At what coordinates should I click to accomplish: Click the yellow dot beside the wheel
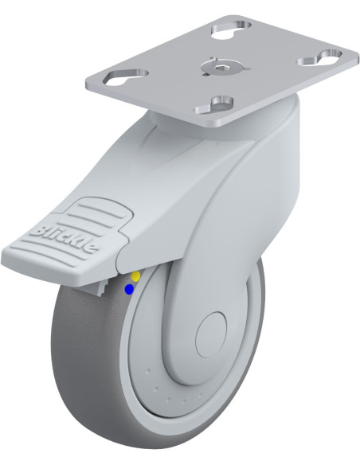tap(135, 276)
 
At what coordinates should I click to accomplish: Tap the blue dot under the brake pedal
tap(129, 290)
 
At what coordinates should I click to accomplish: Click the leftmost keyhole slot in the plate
tap(127, 76)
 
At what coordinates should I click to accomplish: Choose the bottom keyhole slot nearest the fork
tap(214, 106)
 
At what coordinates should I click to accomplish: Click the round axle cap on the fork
tap(212, 334)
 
